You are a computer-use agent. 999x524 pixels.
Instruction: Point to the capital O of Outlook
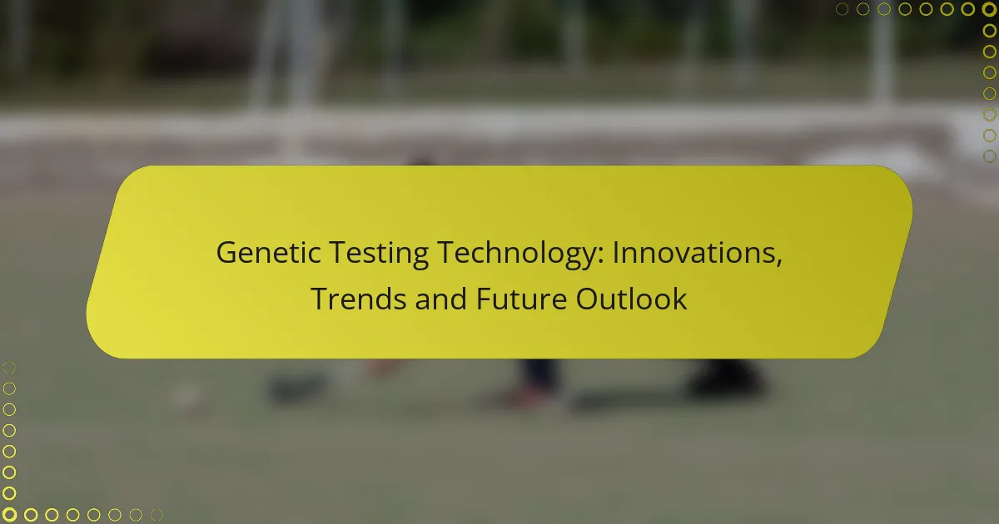point(589,298)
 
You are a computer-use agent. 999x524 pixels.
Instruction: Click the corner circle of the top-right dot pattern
point(989,9)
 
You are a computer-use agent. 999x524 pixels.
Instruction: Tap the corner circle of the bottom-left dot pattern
point(9,515)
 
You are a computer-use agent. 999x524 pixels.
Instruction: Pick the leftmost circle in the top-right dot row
point(842,9)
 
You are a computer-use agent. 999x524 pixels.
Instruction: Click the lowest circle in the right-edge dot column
point(989,156)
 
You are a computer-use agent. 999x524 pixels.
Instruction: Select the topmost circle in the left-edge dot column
point(9,367)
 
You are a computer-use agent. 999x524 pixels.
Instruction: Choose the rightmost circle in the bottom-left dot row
point(156,515)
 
